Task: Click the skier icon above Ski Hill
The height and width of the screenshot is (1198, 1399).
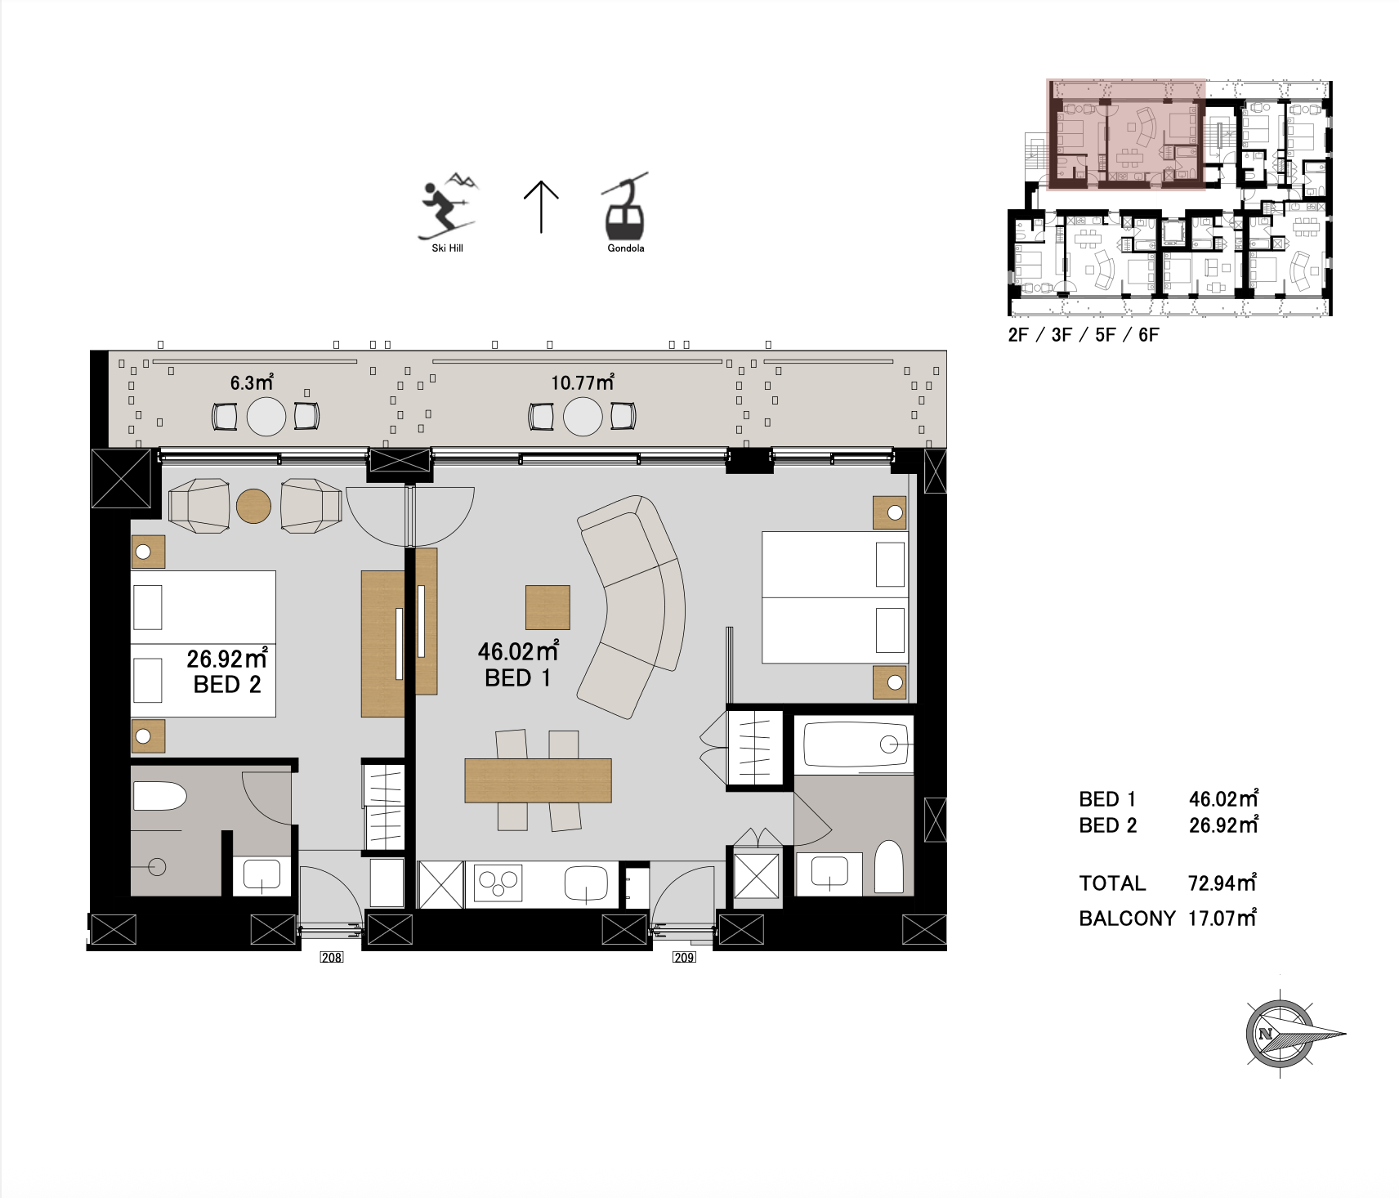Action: (447, 206)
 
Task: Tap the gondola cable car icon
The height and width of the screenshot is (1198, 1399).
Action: (625, 206)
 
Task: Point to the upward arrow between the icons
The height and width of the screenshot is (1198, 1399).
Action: (541, 207)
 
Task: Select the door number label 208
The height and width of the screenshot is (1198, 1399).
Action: (331, 957)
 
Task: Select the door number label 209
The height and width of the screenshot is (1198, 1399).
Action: (684, 957)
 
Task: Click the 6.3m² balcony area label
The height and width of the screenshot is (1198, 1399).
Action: (251, 382)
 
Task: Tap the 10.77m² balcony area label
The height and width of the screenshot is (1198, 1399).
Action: (583, 382)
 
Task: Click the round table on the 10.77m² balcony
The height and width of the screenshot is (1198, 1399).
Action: (583, 416)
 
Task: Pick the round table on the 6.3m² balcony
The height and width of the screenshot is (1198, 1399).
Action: (266, 416)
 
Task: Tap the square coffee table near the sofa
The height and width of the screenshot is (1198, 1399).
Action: (548, 607)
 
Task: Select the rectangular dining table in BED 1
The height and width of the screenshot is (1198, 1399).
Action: (539, 780)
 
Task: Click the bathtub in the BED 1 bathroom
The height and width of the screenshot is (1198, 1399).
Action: (856, 744)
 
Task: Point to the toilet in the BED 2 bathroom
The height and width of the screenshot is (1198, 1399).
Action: (160, 796)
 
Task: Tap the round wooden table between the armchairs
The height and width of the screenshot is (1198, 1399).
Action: (253, 507)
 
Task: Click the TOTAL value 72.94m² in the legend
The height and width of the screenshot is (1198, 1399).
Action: (1222, 883)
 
